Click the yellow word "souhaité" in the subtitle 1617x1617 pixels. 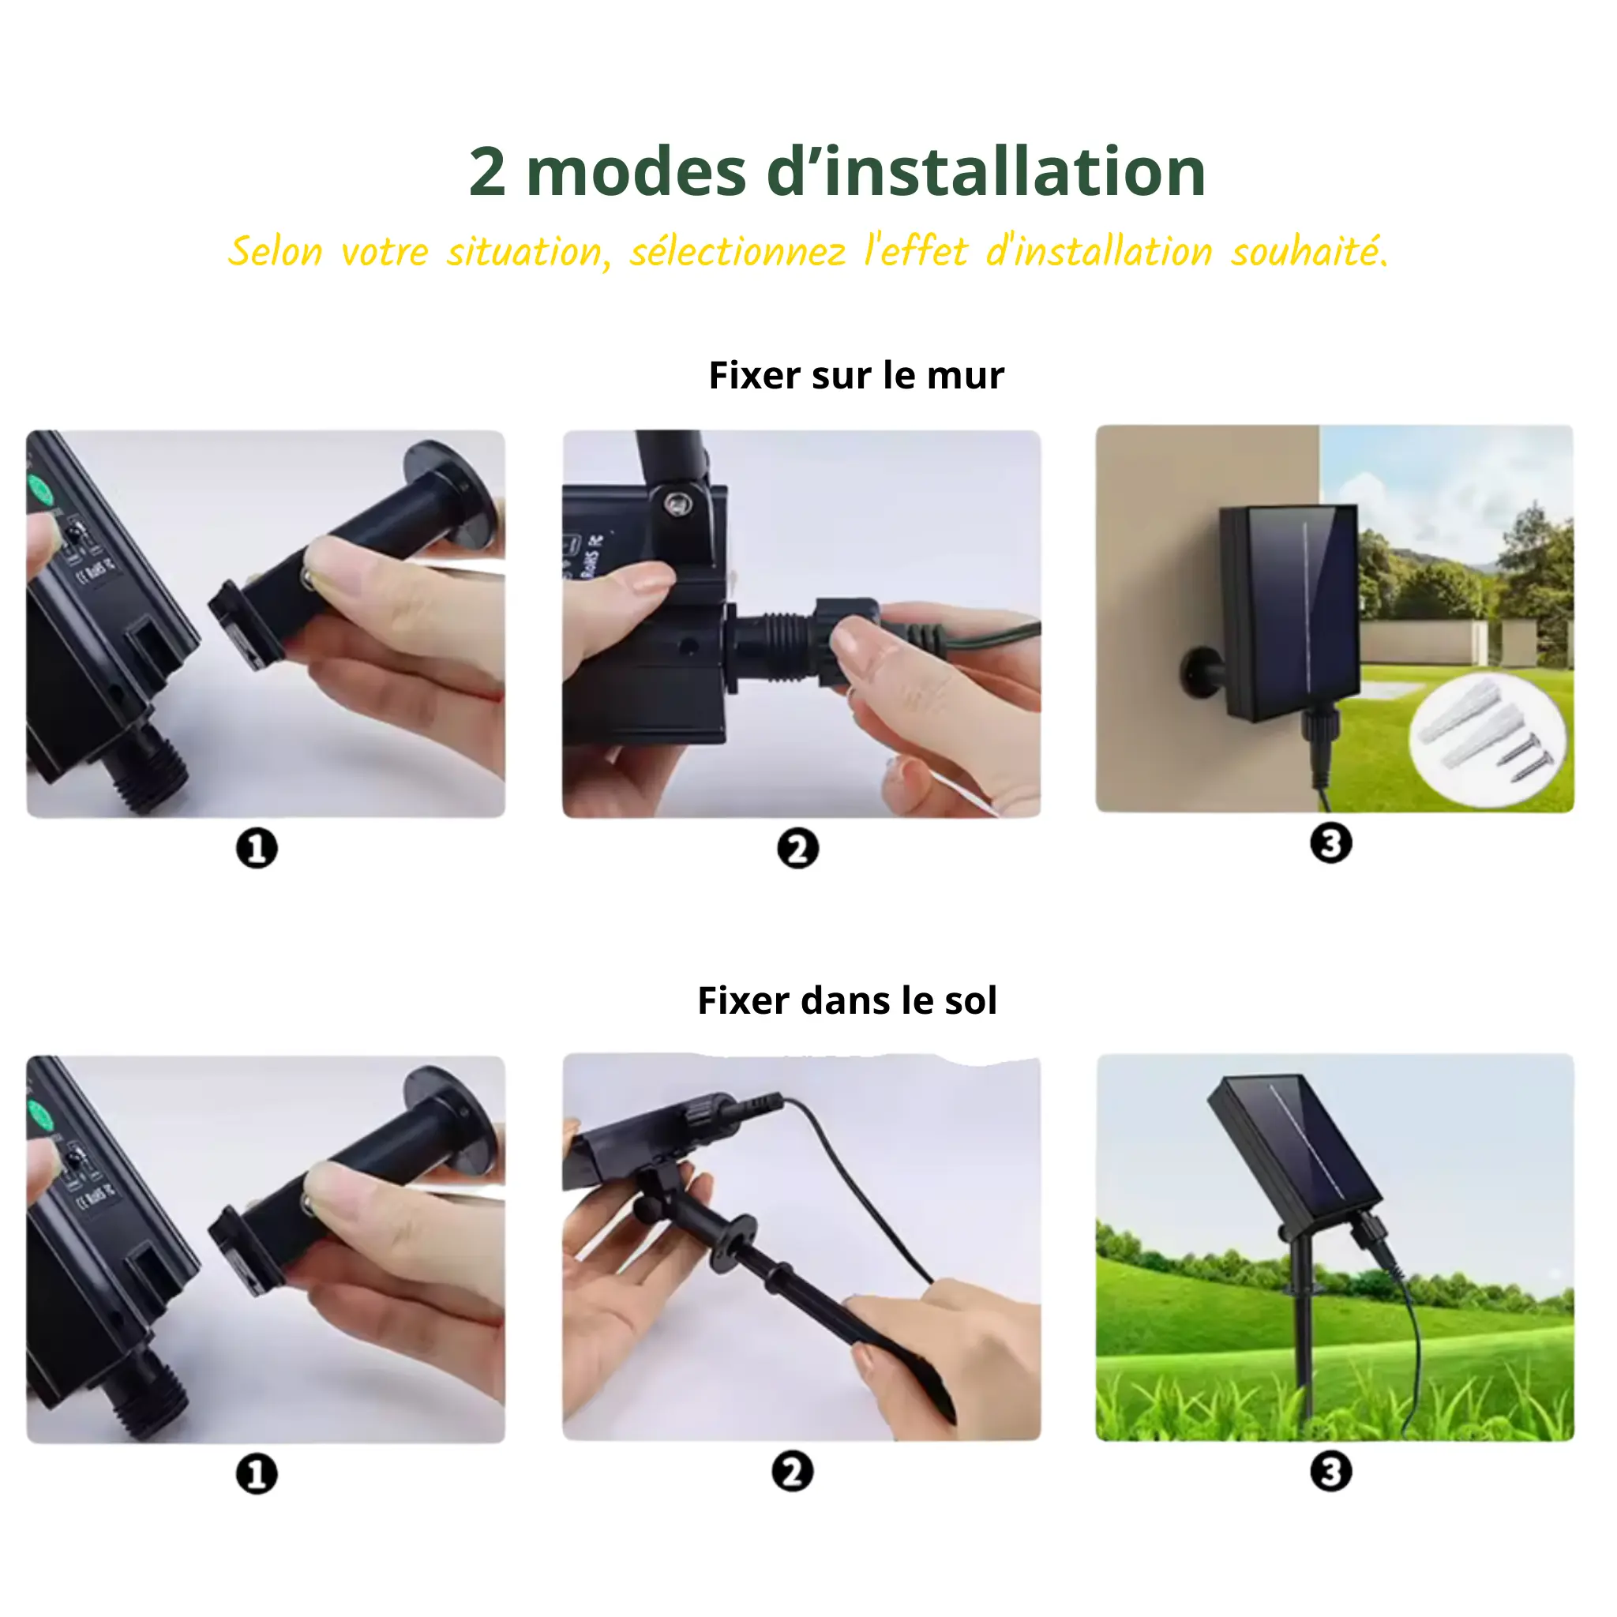tap(1307, 252)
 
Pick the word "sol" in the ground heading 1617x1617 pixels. tap(970, 1001)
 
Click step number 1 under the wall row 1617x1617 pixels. tap(256, 849)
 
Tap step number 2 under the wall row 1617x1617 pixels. tap(797, 849)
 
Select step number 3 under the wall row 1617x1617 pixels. tap(1330, 842)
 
